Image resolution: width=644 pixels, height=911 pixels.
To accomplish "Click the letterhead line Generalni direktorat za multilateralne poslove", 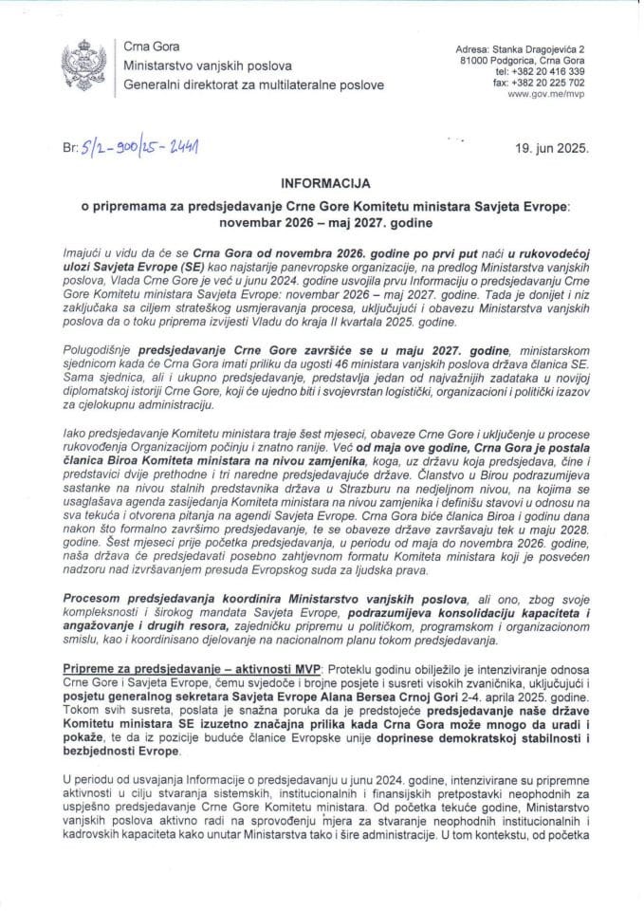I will click(x=248, y=84).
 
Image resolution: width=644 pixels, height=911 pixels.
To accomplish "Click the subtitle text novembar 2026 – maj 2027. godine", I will click(x=321, y=222).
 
